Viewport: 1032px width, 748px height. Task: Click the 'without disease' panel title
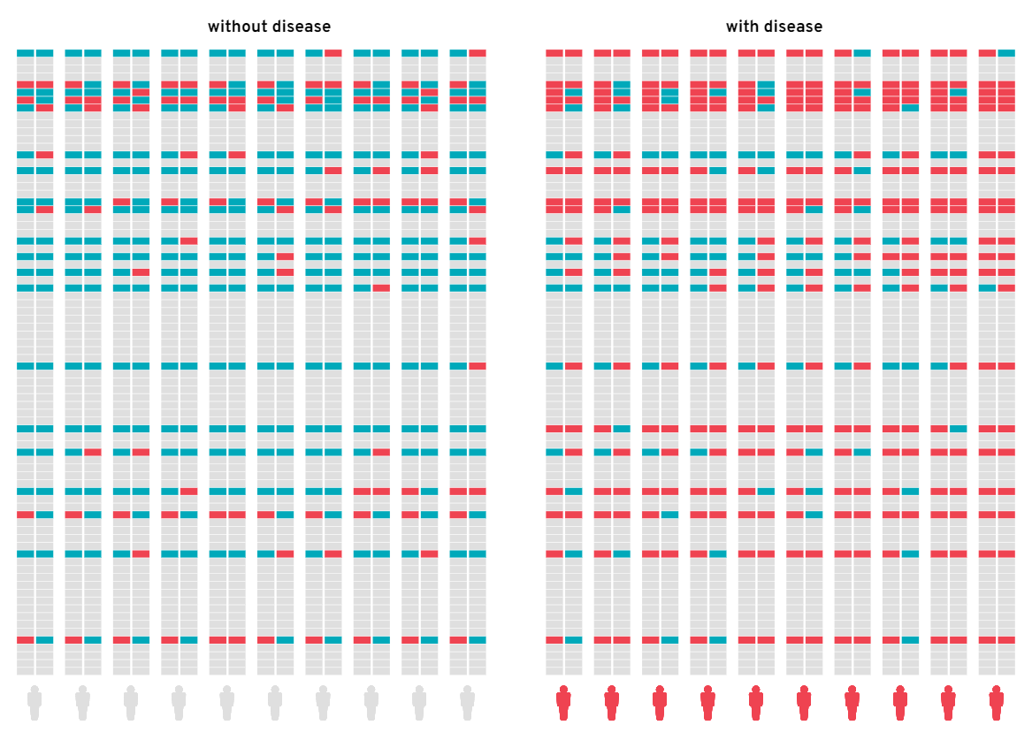269,27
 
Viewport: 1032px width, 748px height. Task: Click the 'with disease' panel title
774,27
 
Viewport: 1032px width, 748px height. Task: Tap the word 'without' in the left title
237,27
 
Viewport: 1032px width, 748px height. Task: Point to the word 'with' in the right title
741,27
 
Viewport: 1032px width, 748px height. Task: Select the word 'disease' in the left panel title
301,27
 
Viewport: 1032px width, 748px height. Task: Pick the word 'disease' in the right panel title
791,27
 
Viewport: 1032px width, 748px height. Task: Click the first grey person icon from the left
34,703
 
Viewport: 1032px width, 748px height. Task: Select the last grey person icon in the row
468,703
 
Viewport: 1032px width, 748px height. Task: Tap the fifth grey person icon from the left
227,703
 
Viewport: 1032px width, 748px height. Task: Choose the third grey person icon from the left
131,703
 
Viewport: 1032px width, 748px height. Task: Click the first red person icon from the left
563,703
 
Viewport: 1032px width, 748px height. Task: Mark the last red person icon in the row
997,703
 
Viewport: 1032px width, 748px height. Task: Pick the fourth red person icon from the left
707,703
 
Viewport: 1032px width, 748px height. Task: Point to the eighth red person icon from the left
900,703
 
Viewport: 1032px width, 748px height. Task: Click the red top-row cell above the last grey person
478,53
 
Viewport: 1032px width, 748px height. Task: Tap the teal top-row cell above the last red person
1006,53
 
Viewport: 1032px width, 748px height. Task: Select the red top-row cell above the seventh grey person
333,53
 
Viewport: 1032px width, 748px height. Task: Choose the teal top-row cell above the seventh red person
861,53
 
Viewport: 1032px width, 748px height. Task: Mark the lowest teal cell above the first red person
574,639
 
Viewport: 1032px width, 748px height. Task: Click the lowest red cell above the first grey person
25,639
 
